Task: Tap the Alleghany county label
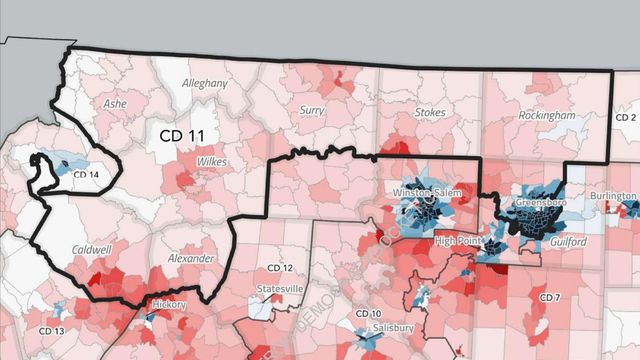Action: pyautogui.click(x=205, y=85)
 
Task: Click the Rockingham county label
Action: pyautogui.click(x=547, y=116)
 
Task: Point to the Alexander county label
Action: pyautogui.click(x=190, y=258)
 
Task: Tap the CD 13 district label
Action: pyautogui.click(x=51, y=331)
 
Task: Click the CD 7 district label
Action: pyautogui.click(x=549, y=298)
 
